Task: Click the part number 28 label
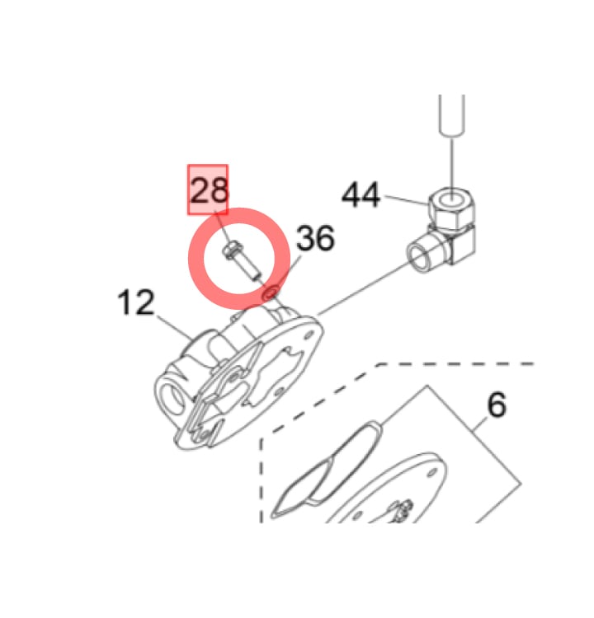[210, 190]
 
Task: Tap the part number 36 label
[315, 237]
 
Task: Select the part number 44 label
[361, 194]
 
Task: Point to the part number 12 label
[136, 302]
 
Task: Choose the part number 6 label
[497, 405]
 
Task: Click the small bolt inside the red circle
[242, 261]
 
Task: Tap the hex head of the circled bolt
[231, 250]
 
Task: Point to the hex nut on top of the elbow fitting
[451, 208]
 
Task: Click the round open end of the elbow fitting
[421, 256]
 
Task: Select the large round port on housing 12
[172, 398]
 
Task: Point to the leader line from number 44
[406, 200]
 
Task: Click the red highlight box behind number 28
[208, 190]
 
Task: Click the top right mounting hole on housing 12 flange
[309, 335]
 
